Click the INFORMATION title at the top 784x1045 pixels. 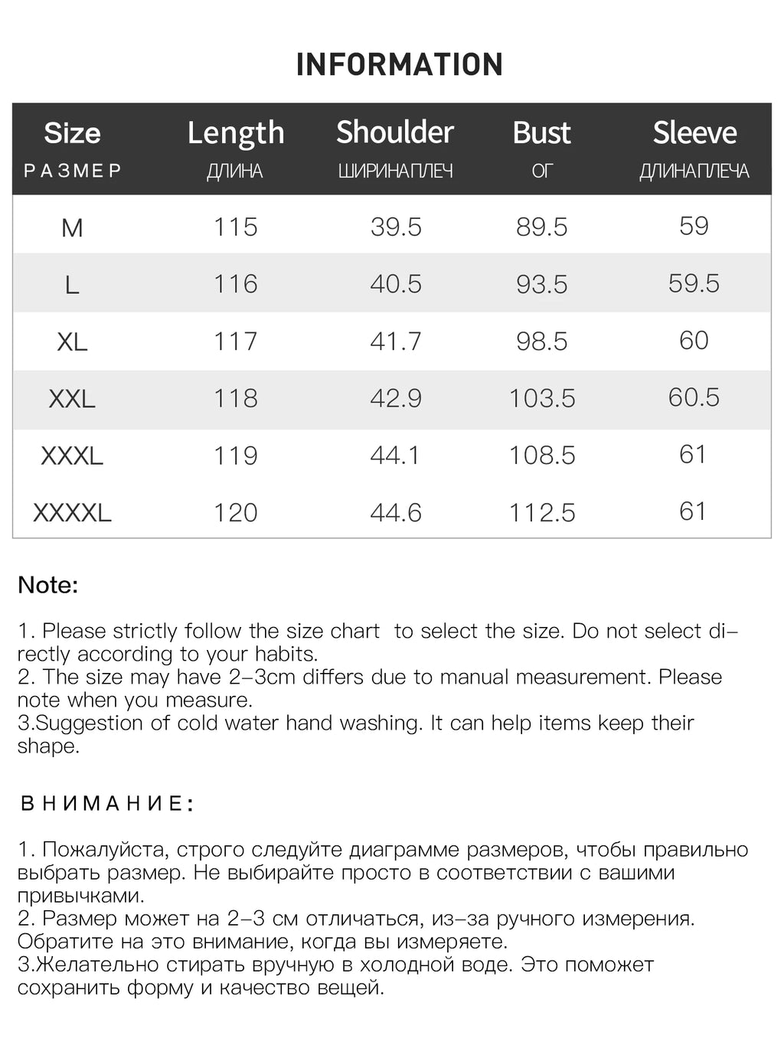pyautogui.click(x=399, y=64)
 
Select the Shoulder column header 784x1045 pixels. pyautogui.click(x=395, y=132)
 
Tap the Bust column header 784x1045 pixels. pyautogui.click(x=541, y=133)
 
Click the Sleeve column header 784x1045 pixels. pyautogui.click(x=694, y=133)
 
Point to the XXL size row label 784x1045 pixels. pyautogui.click(x=72, y=399)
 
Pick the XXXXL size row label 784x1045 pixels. pyautogui.click(x=72, y=513)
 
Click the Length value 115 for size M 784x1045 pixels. pyautogui.click(x=235, y=227)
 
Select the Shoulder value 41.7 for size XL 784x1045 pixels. pyautogui.click(x=395, y=341)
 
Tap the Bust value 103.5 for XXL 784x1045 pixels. pyautogui.click(x=542, y=399)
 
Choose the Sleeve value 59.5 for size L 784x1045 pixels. pyautogui.click(x=694, y=283)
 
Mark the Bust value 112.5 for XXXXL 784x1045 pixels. pyautogui.click(x=542, y=513)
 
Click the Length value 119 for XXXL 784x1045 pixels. pyautogui.click(x=235, y=456)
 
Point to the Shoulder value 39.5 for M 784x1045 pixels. pyautogui.click(x=396, y=227)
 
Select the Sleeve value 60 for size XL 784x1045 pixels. pyautogui.click(x=694, y=341)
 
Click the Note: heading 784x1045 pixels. pyautogui.click(x=48, y=586)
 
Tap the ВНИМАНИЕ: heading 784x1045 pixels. pyautogui.click(x=106, y=804)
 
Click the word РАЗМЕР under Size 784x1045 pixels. pyautogui.click(x=73, y=171)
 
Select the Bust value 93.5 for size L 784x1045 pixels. pyautogui.click(x=541, y=284)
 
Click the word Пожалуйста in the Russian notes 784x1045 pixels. pyautogui.click(x=106, y=850)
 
